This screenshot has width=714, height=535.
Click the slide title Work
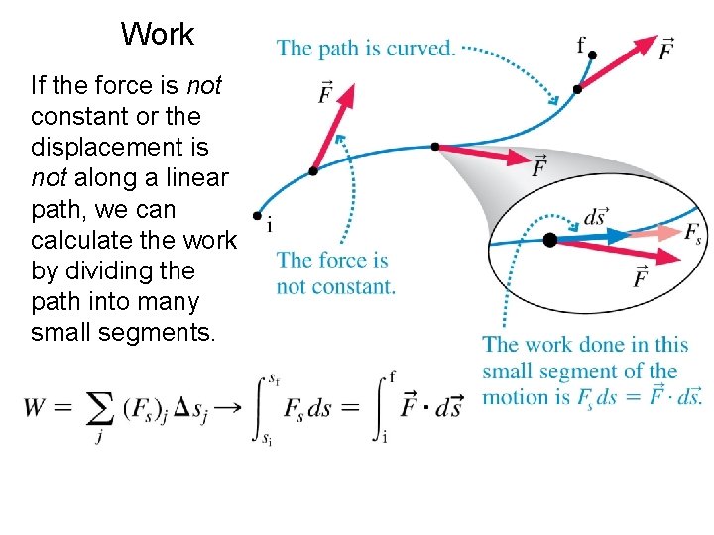pos(158,34)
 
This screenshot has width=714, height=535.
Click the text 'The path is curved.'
pos(366,48)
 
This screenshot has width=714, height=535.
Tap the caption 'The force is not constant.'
pos(335,273)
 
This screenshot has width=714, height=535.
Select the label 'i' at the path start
pos(270,227)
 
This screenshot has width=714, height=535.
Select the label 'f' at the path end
pos(581,44)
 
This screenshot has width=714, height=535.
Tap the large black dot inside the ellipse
pos(549,240)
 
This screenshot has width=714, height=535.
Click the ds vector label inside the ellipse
pos(595,215)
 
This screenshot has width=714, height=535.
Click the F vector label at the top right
pos(667,49)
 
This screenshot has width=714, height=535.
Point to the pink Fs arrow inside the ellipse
pos(654,233)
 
